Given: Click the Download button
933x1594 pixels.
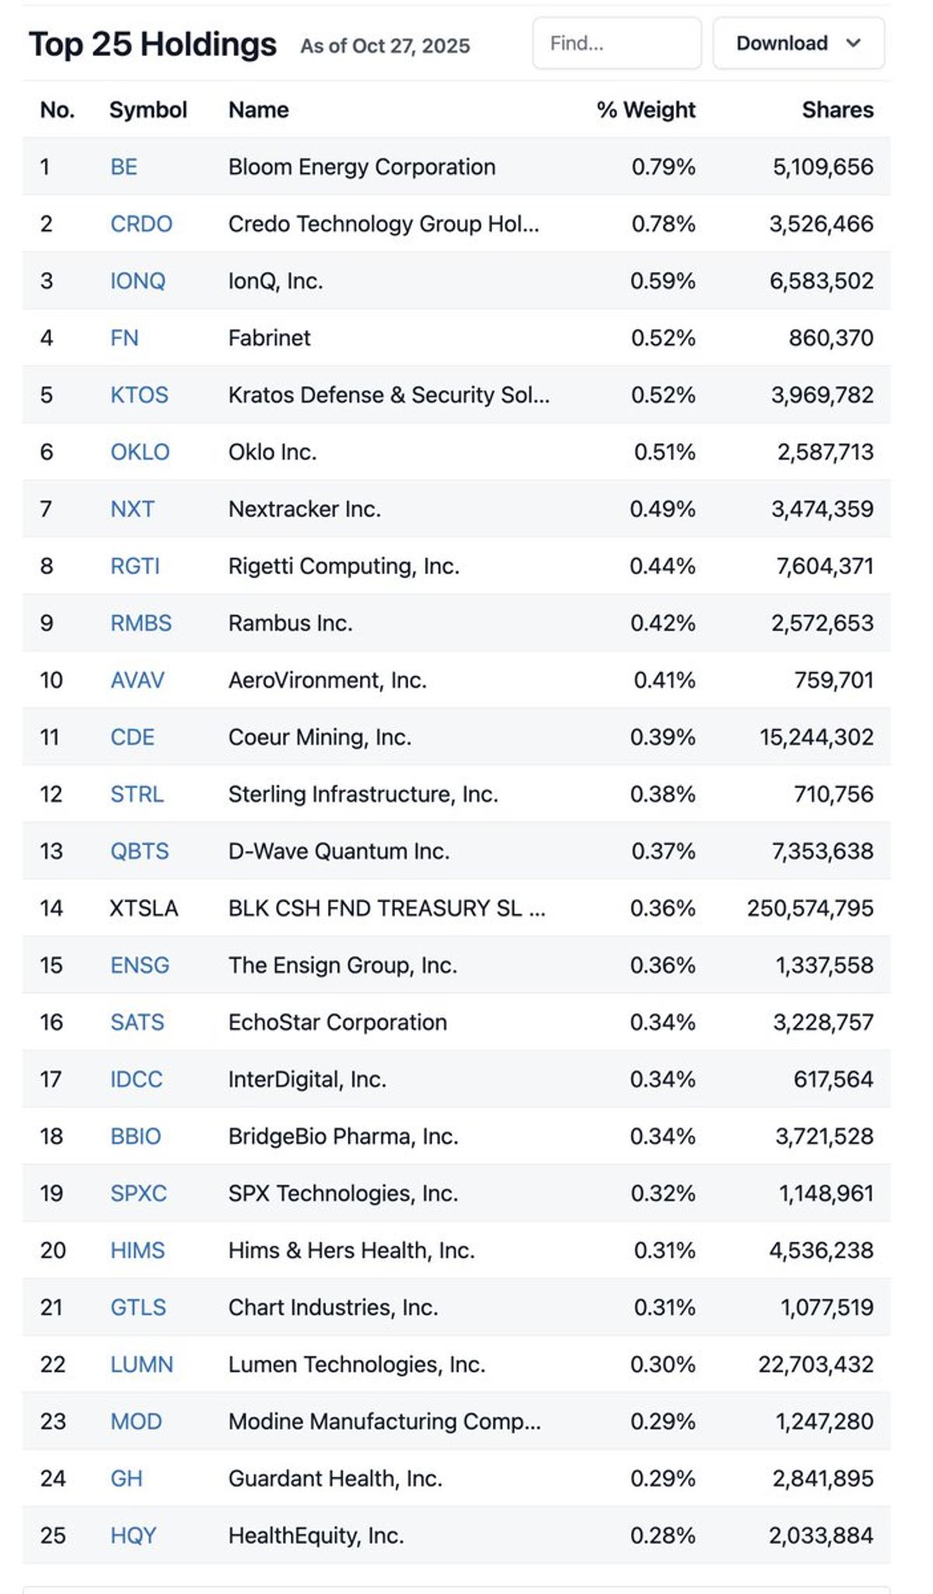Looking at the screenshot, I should tap(798, 44).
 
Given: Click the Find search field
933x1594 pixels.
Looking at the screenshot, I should tap(617, 44).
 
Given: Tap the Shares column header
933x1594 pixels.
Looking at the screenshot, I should tap(837, 110).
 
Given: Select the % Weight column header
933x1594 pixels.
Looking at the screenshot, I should tap(645, 110).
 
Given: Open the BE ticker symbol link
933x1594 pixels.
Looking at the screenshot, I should tap(124, 167).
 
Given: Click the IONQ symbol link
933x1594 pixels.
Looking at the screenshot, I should tap(138, 281).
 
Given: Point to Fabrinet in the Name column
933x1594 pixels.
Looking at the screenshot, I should tap(269, 338).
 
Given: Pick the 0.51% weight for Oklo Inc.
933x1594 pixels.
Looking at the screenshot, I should tap(664, 452).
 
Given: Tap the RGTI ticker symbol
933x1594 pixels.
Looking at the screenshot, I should tap(135, 566).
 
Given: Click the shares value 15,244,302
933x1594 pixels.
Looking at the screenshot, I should tap(816, 737).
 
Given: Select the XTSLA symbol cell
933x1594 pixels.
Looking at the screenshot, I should tap(144, 908).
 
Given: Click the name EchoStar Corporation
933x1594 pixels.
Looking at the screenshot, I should tap(337, 1022).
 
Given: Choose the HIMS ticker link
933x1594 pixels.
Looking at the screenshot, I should tap(138, 1250).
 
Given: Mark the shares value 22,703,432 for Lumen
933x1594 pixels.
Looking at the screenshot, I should tap(816, 1364).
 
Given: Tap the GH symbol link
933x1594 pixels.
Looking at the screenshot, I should tap(126, 1478).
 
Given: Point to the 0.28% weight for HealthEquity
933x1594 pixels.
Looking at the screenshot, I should tap(662, 1536).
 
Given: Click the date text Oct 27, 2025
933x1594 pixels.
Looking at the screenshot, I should tap(411, 46).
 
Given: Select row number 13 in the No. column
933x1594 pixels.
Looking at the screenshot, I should tap(51, 851).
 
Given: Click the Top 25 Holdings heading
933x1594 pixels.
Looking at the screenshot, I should tap(152, 44).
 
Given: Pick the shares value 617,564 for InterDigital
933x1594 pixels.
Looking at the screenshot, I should tap(833, 1079).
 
